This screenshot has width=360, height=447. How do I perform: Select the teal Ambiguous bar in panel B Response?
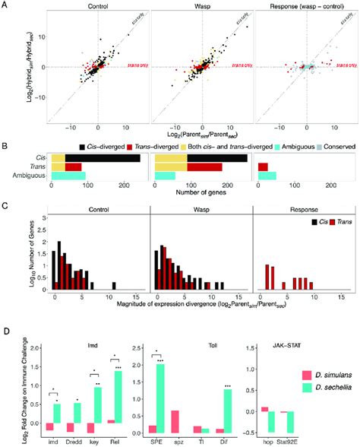pyautogui.click(x=267, y=176)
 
